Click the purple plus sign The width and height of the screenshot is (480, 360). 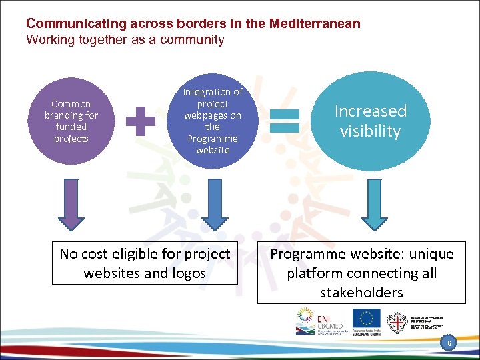(141, 122)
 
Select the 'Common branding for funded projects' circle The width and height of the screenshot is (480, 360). (71, 121)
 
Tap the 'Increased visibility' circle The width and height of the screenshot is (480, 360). (370, 121)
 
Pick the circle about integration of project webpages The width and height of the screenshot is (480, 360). (213, 121)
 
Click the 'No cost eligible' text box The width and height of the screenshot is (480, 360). (145, 263)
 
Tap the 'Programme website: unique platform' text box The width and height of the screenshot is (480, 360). (361, 273)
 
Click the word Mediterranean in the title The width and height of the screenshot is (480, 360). (315, 24)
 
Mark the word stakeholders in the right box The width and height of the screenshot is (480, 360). (361, 292)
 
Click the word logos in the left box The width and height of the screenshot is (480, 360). (187, 273)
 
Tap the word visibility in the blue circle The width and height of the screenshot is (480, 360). (370, 131)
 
